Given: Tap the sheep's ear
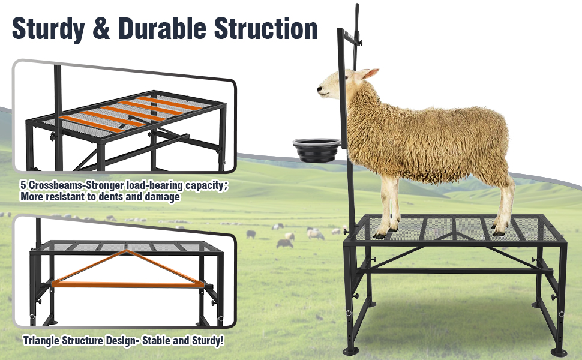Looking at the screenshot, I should [369, 74].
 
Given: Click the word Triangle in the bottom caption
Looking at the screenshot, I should [46, 341].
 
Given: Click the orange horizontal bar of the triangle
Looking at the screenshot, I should [126, 283].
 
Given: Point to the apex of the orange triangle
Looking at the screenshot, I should [125, 251].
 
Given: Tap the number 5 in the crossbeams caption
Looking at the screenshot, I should [23, 185].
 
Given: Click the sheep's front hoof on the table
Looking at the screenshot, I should [380, 233].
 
